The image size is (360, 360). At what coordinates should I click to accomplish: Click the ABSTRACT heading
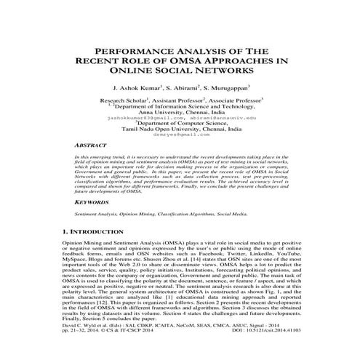pyautogui.click(x=92, y=145)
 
